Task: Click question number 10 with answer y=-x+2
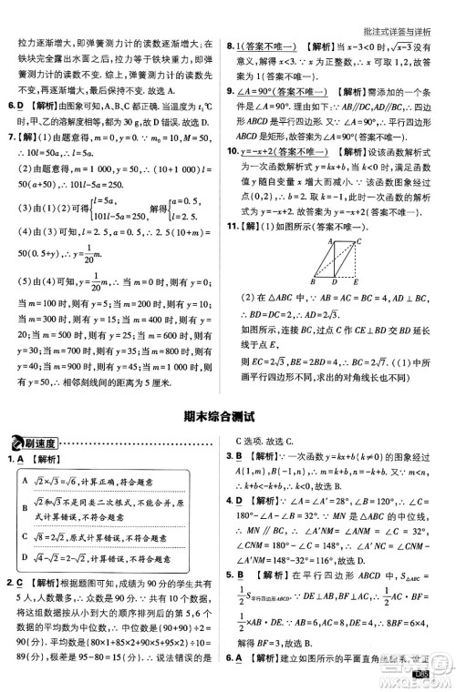coord(233,150)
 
